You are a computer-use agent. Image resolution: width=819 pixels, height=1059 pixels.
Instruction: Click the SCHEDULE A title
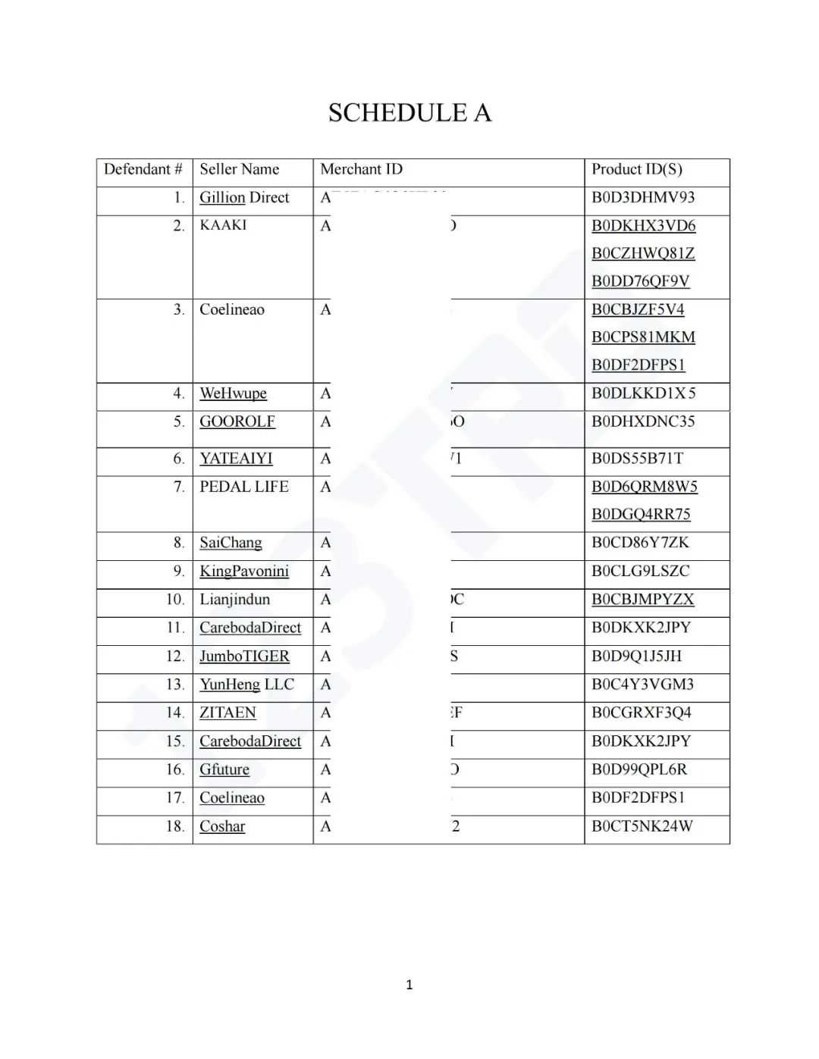pyautogui.click(x=409, y=113)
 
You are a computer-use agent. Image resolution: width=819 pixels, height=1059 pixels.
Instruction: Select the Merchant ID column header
pyautogui.click(x=361, y=169)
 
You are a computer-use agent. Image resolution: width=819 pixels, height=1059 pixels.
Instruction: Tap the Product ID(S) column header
pyautogui.click(x=636, y=169)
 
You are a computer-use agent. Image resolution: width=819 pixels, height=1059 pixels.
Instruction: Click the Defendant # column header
pyautogui.click(x=143, y=169)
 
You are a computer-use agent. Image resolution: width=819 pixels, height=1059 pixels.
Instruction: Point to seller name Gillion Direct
pyautogui.click(x=244, y=198)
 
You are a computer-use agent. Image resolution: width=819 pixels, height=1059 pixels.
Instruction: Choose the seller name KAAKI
pyautogui.click(x=223, y=225)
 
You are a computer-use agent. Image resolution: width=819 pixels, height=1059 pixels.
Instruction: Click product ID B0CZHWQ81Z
pyautogui.click(x=643, y=253)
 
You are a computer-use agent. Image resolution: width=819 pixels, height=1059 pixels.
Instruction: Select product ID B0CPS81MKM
pyautogui.click(x=643, y=337)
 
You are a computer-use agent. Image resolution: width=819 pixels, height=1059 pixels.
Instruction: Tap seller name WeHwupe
pyautogui.click(x=233, y=393)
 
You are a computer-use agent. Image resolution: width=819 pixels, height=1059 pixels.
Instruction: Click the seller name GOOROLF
pyautogui.click(x=237, y=421)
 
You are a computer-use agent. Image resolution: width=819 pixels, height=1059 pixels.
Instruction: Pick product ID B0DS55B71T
pyautogui.click(x=637, y=459)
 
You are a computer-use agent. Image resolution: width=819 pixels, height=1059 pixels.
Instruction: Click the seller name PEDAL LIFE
pyautogui.click(x=243, y=487)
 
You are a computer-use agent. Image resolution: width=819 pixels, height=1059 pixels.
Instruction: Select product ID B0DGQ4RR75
pyautogui.click(x=641, y=515)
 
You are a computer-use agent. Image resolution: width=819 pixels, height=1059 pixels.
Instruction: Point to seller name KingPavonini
pyautogui.click(x=243, y=572)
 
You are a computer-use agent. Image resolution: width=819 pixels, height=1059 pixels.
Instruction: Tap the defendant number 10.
pyautogui.click(x=175, y=600)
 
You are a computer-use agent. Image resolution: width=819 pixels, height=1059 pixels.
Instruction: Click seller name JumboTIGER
pyautogui.click(x=244, y=656)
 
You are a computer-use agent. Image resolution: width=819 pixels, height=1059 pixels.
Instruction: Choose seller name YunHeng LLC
pyautogui.click(x=246, y=685)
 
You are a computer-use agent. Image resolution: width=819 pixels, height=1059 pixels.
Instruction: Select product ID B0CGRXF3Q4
pyautogui.click(x=641, y=713)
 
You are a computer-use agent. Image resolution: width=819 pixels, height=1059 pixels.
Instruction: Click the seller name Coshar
pyautogui.click(x=222, y=826)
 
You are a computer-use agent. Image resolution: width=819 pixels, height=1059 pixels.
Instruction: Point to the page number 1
pyautogui.click(x=409, y=985)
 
